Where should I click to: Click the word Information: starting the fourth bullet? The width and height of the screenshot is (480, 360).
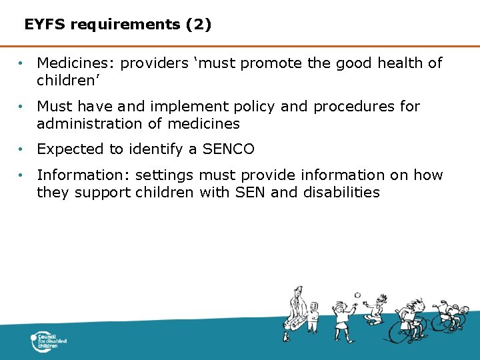coord(83,175)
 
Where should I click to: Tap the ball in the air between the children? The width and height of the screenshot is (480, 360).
coord(357,295)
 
